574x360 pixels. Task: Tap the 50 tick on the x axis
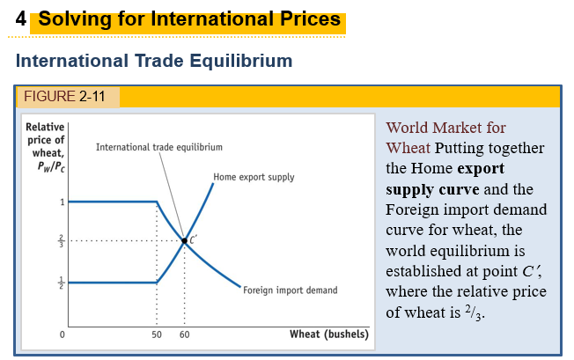(x=157, y=335)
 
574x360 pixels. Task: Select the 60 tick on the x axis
(x=184, y=335)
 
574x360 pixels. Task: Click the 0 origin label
(x=63, y=335)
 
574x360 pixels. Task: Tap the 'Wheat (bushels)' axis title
(x=328, y=334)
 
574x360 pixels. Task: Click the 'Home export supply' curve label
(x=254, y=177)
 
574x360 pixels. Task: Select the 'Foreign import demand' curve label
(x=290, y=290)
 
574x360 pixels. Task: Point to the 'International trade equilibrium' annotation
(x=158, y=146)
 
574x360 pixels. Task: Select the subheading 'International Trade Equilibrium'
(x=153, y=62)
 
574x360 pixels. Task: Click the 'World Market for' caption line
(x=446, y=128)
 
